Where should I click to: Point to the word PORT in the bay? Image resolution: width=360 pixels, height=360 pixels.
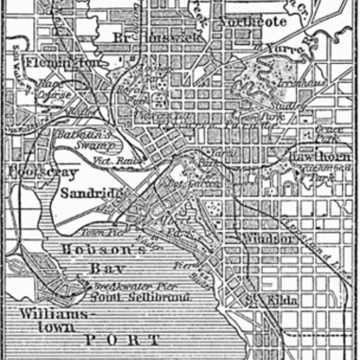click(x=120, y=341)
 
